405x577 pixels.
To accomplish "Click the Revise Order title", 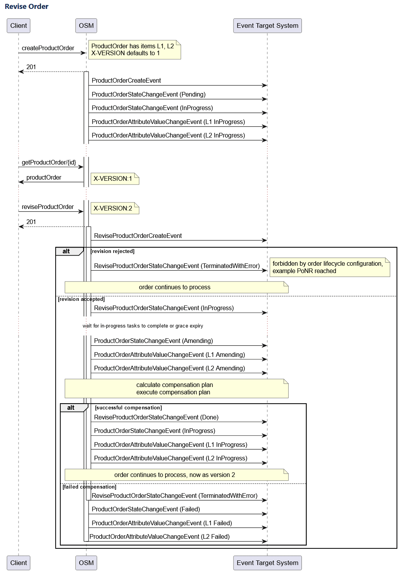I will [x=26, y=7].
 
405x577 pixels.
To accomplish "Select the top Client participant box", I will [x=19, y=26].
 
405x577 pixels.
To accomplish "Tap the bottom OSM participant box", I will [x=86, y=563].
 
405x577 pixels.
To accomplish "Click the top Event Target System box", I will [x=267, y=26].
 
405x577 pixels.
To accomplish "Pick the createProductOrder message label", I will [x=48, y=48].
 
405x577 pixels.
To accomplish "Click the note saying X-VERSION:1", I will [x=114, y=179].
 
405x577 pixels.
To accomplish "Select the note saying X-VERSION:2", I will [x=114, y=209].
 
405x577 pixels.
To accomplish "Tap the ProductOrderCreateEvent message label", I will [x=126, y=81].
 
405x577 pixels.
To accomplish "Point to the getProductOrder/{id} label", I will [x=49, y=163].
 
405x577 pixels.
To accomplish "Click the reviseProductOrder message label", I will [x=48, y=207].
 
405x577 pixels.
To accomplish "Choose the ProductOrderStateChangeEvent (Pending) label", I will [x=148, y=95].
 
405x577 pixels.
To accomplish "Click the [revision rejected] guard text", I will [x=112, y=251].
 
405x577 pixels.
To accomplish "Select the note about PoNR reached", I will [x=329, y=267].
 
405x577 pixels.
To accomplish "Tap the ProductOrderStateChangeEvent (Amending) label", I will [x=153, y=341].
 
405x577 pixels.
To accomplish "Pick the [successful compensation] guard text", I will [x=128, y=408].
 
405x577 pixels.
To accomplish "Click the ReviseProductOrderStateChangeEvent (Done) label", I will [x=156, y=417].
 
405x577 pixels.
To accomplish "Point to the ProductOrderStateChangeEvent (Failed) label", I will [x=146, y=509].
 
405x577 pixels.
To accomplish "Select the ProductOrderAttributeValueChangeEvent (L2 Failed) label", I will [x=160, y=537].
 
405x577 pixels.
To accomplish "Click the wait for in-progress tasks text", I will [x=143, y=326].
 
